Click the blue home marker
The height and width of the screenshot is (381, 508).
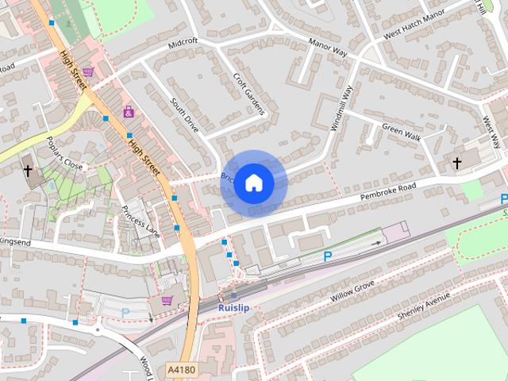pos(252,183)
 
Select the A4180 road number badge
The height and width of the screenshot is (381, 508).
pos(181,370)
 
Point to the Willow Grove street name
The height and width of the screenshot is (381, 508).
pos(352,291)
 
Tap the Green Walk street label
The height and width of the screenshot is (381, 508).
pos(401,126)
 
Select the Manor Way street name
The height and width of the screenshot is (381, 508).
pos(328,47)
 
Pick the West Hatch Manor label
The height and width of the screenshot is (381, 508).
pos(414,26)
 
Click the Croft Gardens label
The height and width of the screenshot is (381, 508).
pos(248,94)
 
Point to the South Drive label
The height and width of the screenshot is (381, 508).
pos(185,114)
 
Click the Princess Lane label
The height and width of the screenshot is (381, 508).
pos(140,220)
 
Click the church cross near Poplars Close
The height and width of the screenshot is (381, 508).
pos(28,171)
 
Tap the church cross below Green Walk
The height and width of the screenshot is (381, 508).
pos(456,163)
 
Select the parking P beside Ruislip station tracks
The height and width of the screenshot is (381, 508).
pos(327,256)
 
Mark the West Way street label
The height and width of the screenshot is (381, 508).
pos(491,132)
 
